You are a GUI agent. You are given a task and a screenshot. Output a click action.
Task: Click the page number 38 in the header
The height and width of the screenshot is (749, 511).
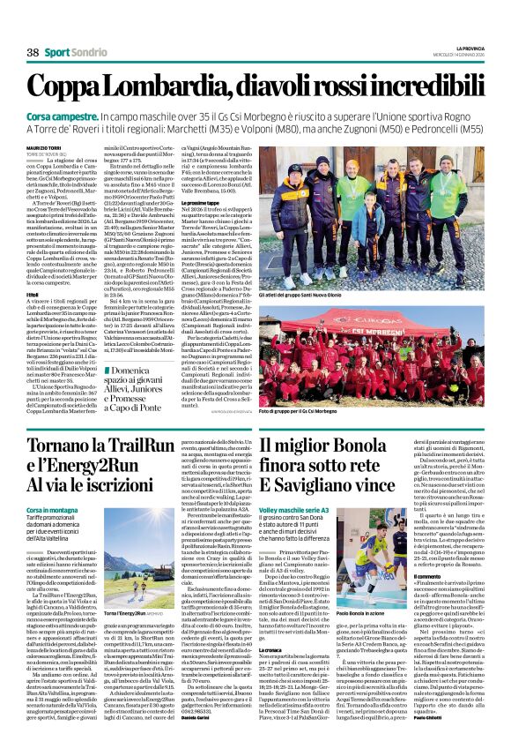(x=33, y=52)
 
